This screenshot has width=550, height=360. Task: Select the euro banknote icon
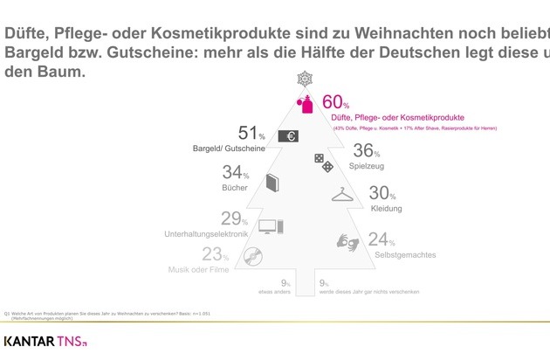click(288, 135)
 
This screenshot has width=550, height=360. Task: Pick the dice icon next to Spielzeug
click(322, 161)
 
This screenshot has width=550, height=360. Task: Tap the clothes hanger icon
click(342, 196)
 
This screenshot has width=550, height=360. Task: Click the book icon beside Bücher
click(272, 183)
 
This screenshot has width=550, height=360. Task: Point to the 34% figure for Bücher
click(236, 173)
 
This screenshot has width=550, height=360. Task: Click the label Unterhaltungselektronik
click(207, 234)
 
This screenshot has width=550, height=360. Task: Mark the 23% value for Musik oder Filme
click(215, 254)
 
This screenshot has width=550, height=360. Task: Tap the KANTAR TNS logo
click(45, 342)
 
